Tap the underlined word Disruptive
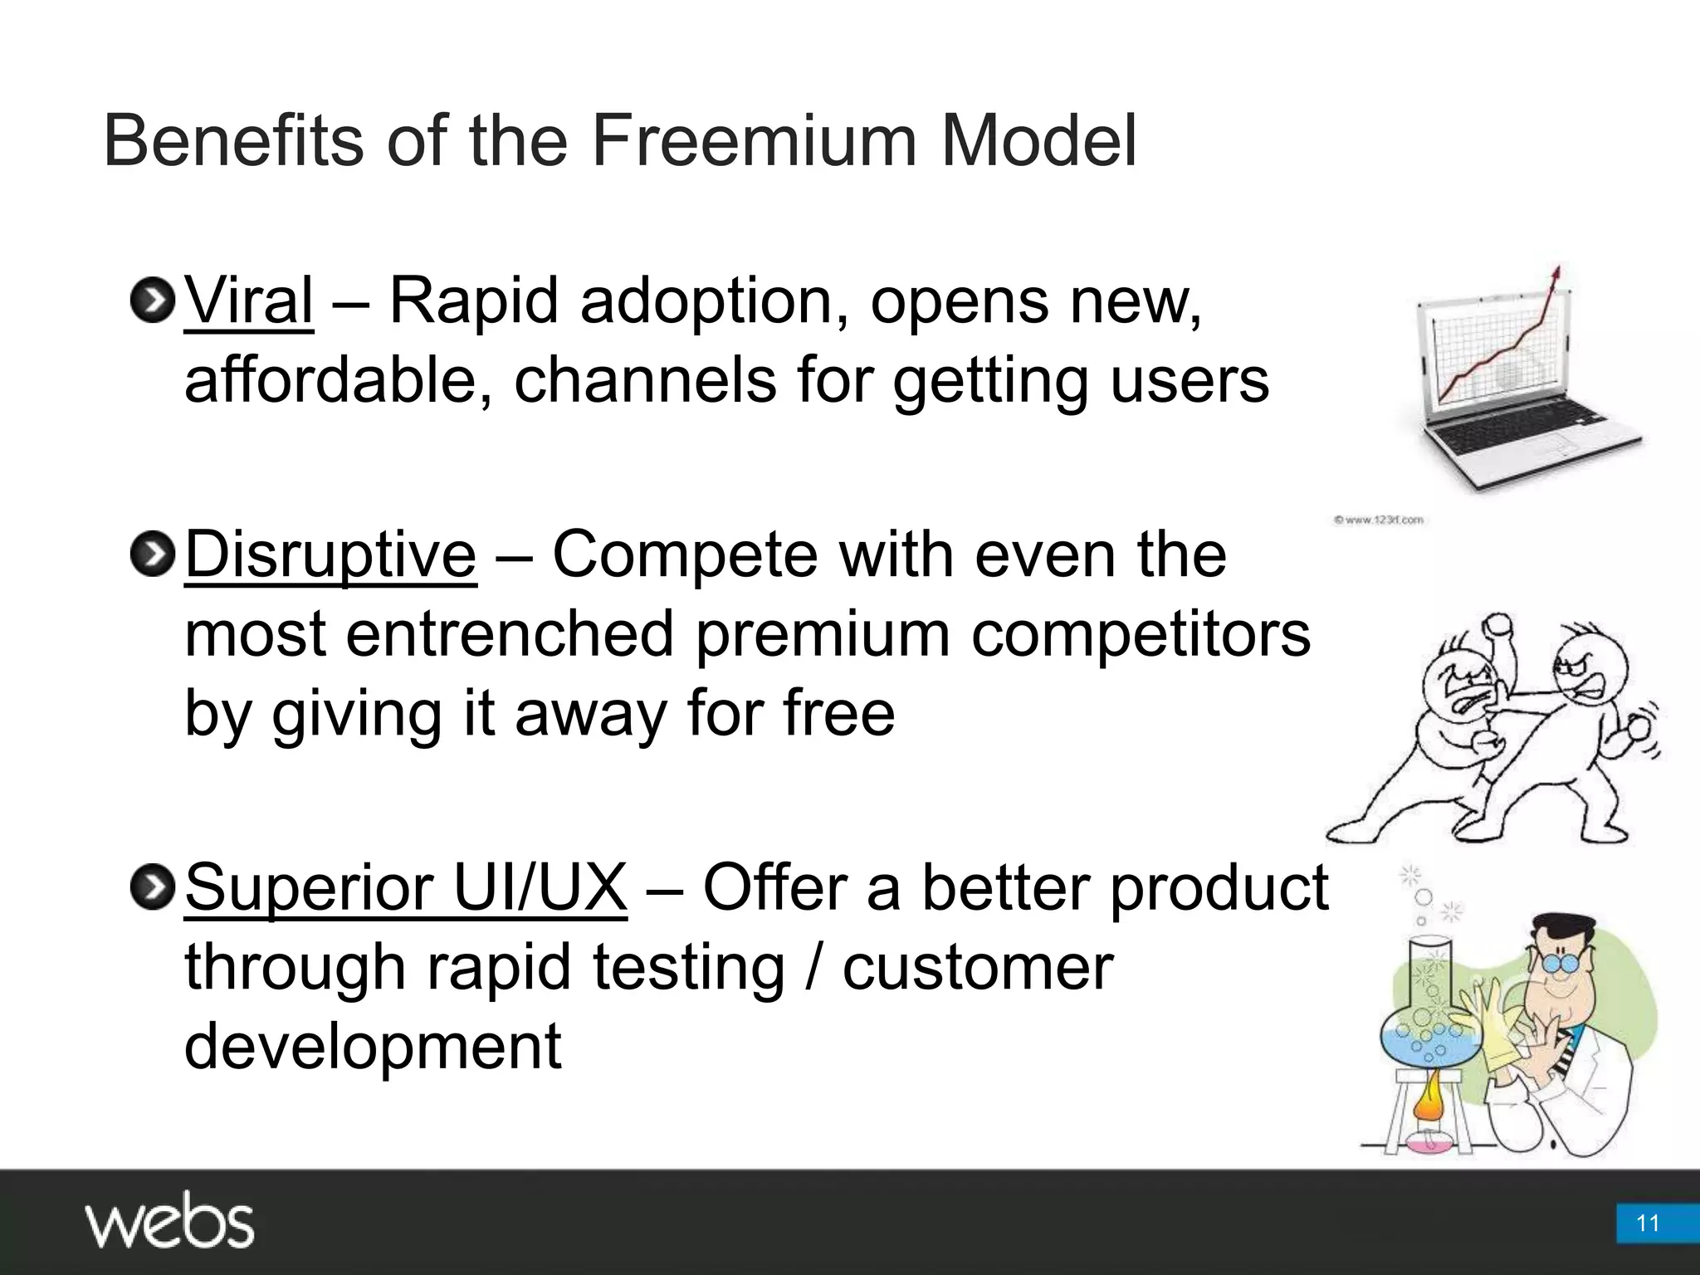330,554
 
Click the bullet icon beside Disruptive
152,554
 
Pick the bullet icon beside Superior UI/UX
152,887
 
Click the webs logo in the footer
169,1220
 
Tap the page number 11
1647,1224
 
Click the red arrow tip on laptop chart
1557,272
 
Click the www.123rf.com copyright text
1378,520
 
